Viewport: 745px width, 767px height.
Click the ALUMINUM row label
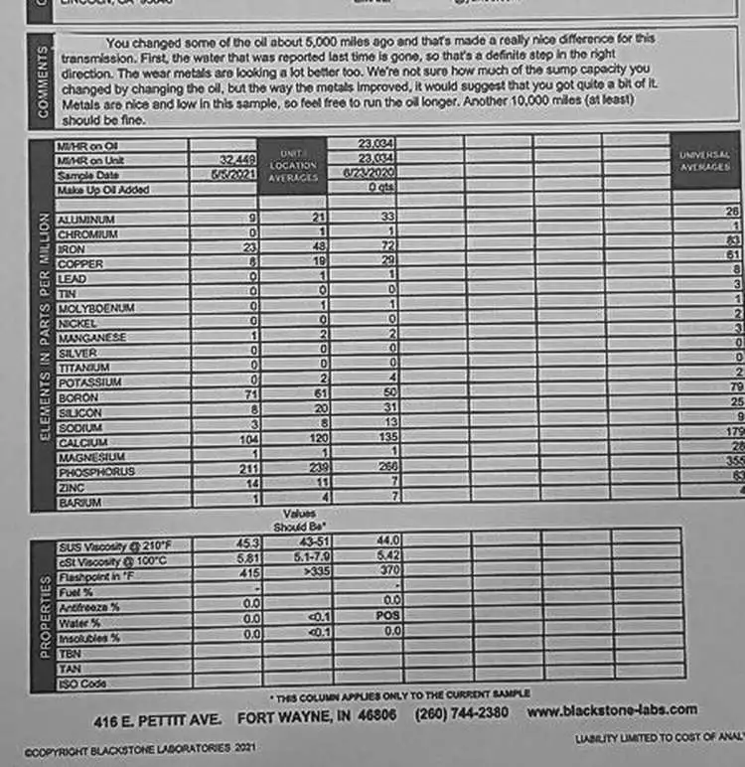pos(86,219)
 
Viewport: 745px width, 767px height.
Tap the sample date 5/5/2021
pos(235,173)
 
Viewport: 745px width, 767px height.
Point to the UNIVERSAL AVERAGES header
pos(705,161)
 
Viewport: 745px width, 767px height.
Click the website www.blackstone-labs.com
pos(613,710)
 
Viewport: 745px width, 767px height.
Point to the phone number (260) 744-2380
pos(462,714)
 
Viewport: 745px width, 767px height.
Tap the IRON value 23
pos(250,248)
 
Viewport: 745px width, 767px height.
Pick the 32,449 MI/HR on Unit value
pos(238,159)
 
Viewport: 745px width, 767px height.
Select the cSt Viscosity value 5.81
pos(248,559)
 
